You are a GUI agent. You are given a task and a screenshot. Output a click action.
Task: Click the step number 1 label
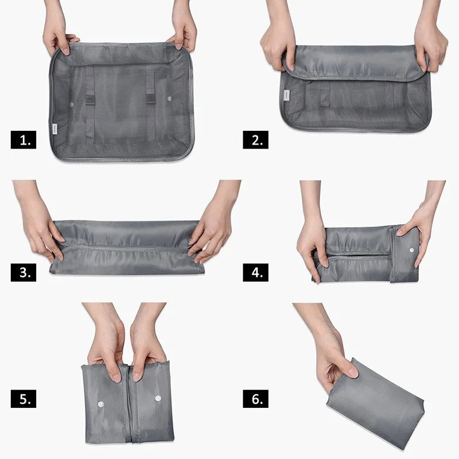tap(24, 139)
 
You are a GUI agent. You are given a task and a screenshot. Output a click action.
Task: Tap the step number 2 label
tap(255, 139)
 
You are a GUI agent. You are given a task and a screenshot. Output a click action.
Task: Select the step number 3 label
tap(24, 272)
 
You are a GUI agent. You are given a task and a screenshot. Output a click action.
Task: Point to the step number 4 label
tap(255, 272)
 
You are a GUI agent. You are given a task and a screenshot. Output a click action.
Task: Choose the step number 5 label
tap(24, 399)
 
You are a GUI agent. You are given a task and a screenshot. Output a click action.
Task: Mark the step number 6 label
tap(255, 399)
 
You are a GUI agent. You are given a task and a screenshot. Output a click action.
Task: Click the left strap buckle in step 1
tap(90, 100)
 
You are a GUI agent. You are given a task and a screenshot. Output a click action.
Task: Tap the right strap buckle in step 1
tap(150, 99)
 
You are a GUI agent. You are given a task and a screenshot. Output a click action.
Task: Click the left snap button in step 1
tap(71, 104)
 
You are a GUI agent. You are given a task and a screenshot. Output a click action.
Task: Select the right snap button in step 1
tap(169, 99)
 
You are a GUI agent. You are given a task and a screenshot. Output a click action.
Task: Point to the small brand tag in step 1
tap(55, 128)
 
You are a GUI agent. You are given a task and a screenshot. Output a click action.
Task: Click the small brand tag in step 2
tap(286, 95)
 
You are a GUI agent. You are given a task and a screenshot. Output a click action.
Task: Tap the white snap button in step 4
tap(411, 250)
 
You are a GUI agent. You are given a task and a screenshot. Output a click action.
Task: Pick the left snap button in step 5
tap(101, 404)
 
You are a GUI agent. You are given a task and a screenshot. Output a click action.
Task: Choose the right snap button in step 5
tap(158, 398)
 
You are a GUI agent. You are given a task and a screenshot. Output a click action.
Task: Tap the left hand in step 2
tap(278, 41)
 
